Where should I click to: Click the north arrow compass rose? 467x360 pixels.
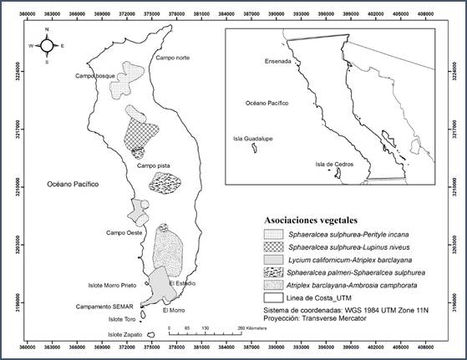pyautogui.click(x=48, y=45)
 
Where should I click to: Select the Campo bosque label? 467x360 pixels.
pyautogui.click(x=94, y=77)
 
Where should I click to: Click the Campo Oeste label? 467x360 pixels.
pyautogui.click(x=122, y=232)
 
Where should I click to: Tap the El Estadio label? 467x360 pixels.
pyautogui.click(x=182, y=284)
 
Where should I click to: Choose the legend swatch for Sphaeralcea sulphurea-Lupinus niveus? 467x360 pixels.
pyautogui.click(x=272, y=248)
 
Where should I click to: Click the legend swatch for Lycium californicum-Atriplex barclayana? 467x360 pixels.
pyautogui.click(x=272, y=261)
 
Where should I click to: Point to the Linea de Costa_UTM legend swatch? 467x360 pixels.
pyautogui.click(x=272, y=297)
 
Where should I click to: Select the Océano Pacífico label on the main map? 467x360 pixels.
pyautogui.click(x=73, y=182)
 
